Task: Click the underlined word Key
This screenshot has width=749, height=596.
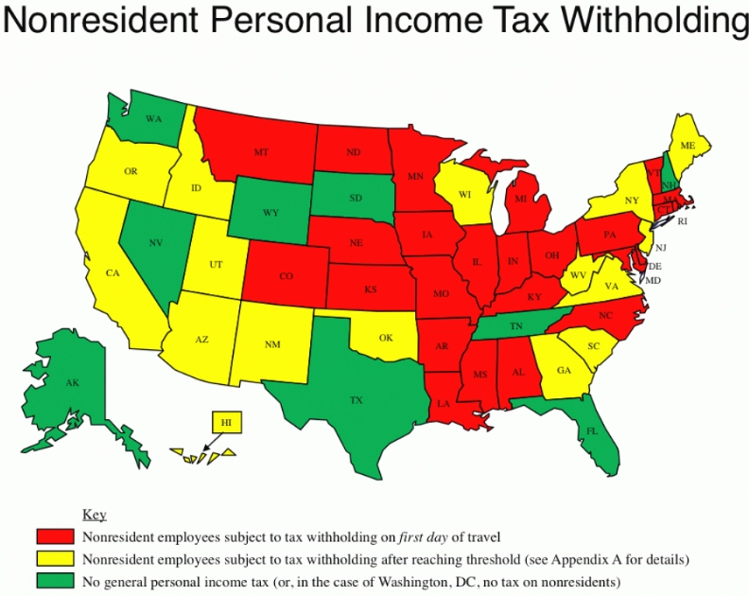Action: click(x=95, y=516)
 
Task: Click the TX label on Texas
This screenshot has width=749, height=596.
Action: click(x=356, y=400)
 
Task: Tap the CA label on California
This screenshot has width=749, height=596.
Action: click(x=113, y=273)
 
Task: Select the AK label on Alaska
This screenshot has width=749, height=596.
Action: click(x=73, y=383)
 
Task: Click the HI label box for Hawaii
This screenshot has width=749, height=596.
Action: click(x=226, y=422)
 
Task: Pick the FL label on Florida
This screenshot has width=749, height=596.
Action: click(x=592, y=429)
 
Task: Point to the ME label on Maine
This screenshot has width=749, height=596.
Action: click(x=688, y=146)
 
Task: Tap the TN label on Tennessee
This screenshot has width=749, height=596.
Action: click(x=518, y=325)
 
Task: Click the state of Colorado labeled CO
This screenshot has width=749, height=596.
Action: click(x=287, y=277)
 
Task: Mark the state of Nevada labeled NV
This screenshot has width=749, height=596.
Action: click(x=157, y=242)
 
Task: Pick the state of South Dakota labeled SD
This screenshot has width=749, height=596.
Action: click(x=356, y=198)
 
